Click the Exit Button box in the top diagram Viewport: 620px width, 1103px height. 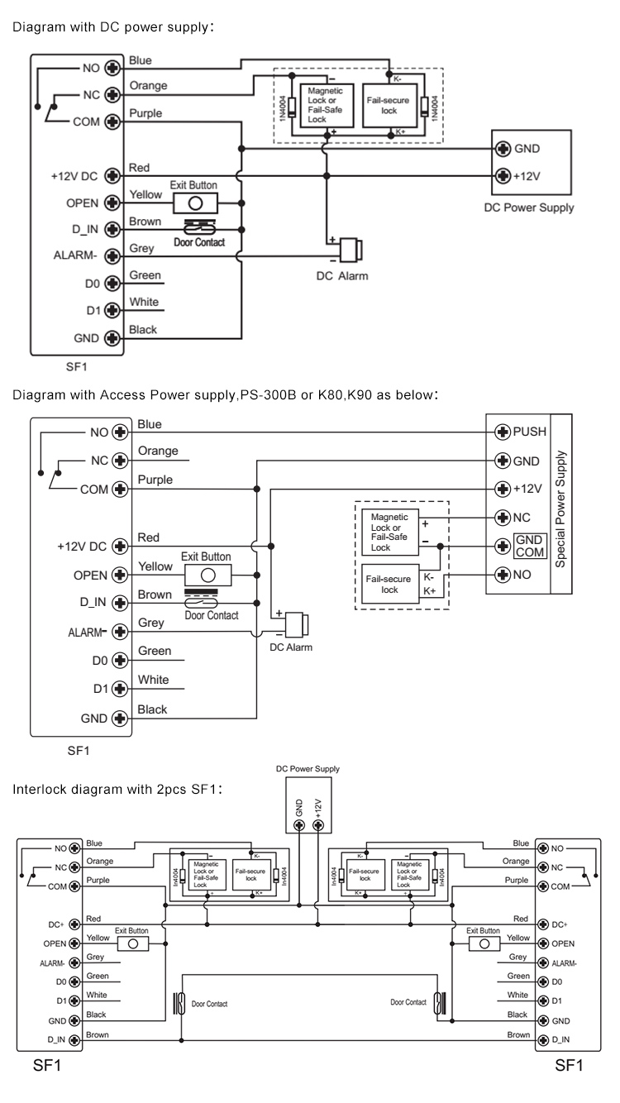195,203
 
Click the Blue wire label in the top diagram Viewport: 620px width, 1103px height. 141,61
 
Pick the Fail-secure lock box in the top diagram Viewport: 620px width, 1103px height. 389,107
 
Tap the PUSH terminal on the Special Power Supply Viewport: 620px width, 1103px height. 500,432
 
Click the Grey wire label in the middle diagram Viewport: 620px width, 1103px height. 152,623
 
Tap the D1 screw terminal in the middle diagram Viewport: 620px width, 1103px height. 121,688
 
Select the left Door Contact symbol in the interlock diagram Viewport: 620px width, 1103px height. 179,1003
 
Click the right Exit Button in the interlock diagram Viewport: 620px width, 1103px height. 484,943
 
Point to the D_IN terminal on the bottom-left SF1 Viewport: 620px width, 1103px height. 74,1039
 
